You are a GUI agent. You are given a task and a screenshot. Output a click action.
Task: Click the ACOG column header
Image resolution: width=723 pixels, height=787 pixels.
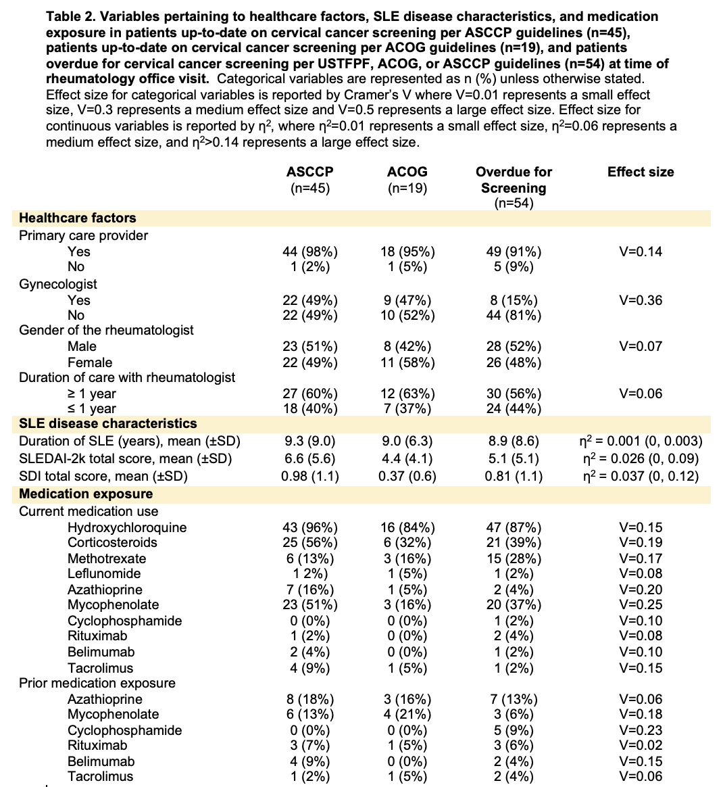[407, 172]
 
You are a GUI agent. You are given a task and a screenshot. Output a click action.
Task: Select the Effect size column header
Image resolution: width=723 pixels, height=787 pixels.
[641, 172]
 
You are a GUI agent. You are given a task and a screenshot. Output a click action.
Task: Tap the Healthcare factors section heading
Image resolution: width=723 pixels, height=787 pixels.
[78, 218]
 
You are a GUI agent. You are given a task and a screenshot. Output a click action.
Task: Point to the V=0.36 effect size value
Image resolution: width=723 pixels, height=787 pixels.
[641, 300]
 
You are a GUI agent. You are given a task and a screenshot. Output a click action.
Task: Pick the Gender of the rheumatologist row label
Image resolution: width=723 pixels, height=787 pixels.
[106, 330]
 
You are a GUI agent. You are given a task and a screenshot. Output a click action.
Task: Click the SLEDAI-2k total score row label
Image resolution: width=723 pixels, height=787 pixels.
[126, 458]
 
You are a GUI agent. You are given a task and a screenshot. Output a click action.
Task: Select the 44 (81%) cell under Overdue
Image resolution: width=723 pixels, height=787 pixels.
[514, 315]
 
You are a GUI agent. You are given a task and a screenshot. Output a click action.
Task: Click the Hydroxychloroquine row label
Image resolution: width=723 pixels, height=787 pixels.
[127, 527]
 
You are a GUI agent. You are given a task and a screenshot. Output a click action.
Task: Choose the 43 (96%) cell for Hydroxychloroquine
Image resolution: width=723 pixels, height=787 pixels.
[309, 527]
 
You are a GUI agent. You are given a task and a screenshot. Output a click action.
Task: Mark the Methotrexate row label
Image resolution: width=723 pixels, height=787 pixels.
[107, 558]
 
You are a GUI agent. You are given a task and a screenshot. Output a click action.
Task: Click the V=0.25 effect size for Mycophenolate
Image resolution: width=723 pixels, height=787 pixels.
[641, 604]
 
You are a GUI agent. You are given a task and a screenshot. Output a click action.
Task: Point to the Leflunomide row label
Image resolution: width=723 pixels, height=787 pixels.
[105, 573]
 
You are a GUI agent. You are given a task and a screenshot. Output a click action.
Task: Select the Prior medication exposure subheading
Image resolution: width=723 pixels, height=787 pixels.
[97, 683]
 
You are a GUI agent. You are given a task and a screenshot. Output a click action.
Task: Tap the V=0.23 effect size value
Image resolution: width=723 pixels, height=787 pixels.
[641, 730]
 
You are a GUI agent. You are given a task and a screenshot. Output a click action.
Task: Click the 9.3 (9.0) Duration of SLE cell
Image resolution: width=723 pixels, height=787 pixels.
[309, 441]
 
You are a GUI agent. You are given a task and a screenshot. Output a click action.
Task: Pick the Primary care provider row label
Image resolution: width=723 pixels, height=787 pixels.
[84, 235]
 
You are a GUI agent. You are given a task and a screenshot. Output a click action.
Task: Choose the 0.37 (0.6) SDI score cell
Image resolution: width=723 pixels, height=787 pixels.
[407, 476]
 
